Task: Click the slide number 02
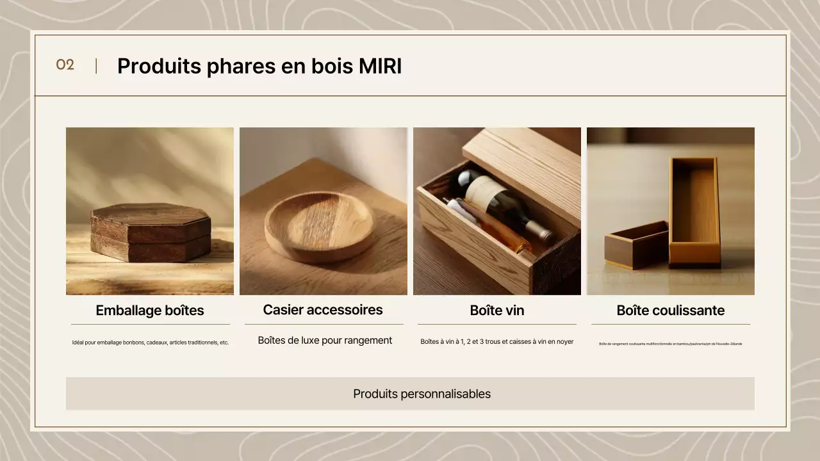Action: [65, 65]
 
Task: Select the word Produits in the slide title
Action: [160, 67]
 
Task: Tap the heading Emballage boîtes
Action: [150, 311]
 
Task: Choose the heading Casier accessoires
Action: [323, 310]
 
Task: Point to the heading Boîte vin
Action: [496, 311]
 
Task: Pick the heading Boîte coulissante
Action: [670, 311]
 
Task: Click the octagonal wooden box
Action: [151, 232]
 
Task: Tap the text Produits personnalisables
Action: [422, 394]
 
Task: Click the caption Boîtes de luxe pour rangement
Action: [325, 341]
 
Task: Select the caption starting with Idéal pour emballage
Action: [150, 343]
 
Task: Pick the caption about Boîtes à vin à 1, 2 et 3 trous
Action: [496, 342]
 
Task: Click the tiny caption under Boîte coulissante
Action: [670, 344]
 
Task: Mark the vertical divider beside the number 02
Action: [96, 66]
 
